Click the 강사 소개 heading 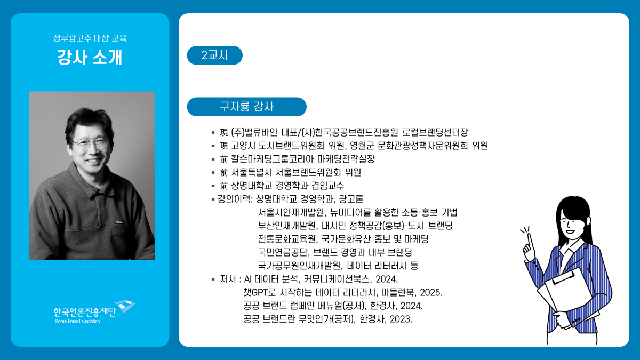[x=90, y=57]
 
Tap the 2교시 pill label [x=214, y=55]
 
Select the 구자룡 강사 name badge [x=246, y=107]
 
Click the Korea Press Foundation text [x=77, y=321]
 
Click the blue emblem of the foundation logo [x=125, y=306]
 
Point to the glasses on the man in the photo [x=90, y=143]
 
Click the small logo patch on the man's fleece [x=119, y=222]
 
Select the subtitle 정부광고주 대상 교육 [x=90, y=38]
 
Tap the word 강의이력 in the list [x=234, y=199]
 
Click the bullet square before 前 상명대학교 [x=213, y=186]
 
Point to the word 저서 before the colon [x=228, y=279]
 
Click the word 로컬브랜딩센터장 [x=435, y=132]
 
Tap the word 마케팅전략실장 [x=346, y=159]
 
